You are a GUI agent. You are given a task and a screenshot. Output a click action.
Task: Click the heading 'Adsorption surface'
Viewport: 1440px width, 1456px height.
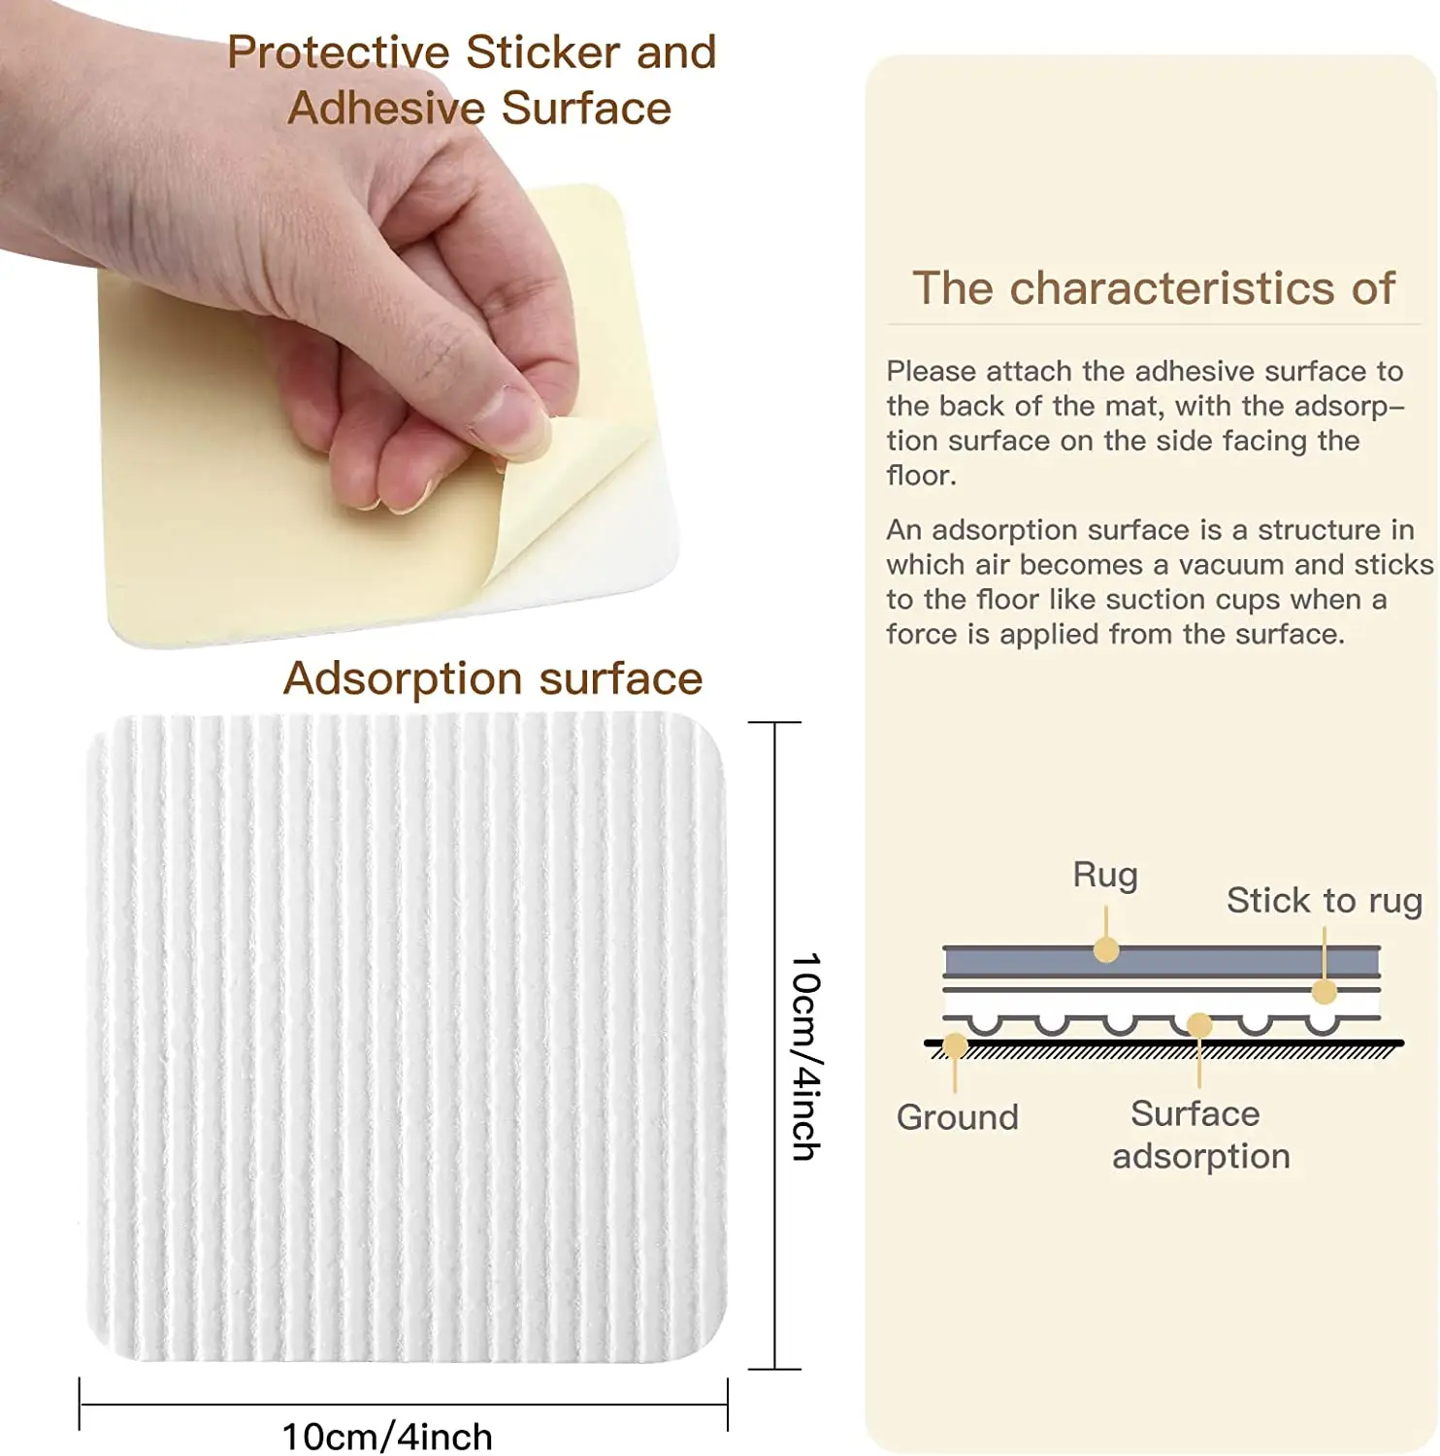coord(492,678)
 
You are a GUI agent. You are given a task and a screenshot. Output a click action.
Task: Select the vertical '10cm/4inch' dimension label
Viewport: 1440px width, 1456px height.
coord(806,1056)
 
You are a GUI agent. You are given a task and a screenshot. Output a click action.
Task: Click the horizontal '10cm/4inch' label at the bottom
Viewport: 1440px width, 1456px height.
coord(387,1436)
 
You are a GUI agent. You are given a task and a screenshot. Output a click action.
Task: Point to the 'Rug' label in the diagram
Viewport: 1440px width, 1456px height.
coord(1104,875)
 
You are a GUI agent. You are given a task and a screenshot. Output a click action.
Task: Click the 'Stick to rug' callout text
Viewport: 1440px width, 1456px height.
coord(1324,901)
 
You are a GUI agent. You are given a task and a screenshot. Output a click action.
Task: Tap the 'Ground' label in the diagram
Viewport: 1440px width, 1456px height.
coord(957,1117)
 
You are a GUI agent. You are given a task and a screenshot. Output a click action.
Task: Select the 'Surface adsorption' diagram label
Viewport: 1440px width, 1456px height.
coord(1199,1135)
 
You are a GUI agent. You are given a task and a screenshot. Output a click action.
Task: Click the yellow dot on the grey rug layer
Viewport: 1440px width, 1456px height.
coord(1106,949)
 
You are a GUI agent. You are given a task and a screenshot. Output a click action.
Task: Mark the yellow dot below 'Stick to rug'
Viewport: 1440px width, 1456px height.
coord(1325,991)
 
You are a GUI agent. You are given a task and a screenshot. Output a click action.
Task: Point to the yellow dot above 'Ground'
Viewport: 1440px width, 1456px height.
coord(955,1045)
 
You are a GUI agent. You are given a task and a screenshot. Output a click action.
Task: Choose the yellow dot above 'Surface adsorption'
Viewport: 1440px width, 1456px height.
coord(1199,1025)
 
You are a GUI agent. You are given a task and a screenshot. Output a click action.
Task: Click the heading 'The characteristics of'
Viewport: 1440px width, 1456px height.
coord(1153,288)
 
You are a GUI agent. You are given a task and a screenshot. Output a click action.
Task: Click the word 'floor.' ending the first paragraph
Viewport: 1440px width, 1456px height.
coord(921,476)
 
